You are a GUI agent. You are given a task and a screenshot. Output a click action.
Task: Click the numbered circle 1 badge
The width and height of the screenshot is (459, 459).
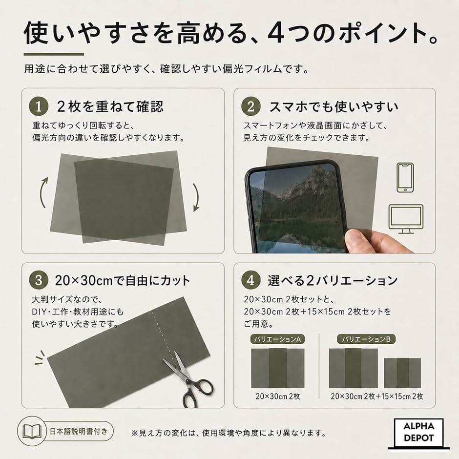(x=39, y=106)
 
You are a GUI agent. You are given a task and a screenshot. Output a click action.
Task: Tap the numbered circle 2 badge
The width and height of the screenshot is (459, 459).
(x=250, y=106)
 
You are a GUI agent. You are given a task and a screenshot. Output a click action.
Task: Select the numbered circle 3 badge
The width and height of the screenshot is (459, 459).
(x=39, y=280)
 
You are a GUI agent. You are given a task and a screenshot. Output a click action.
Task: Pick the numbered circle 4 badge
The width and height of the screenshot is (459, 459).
(x=250, y=280)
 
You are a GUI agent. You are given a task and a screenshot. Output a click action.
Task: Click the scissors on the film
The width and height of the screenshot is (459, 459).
(x=188, y=380)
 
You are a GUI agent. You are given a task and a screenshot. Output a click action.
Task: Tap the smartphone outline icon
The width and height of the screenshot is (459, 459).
(x=405, y=178)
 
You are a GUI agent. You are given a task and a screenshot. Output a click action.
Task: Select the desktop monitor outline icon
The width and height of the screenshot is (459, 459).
(x=406, y=219)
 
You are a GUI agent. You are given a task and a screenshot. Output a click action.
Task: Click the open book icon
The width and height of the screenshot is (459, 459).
(x=32, y=432)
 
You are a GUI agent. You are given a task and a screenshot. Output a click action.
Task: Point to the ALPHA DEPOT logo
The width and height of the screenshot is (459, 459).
(x=418, y=433)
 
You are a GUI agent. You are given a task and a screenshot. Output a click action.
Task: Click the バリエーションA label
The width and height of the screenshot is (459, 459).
(x=277, y=339)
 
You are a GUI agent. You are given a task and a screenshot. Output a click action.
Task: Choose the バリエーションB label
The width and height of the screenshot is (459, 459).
(x=366, y=339)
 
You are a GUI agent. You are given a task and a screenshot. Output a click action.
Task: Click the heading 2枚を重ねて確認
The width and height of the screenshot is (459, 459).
(x=110, y=106)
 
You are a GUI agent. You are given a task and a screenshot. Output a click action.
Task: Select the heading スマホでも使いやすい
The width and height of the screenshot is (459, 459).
(x=334, y=107)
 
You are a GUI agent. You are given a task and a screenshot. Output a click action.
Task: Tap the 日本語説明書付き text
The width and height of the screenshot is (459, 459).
(x=79, y=432)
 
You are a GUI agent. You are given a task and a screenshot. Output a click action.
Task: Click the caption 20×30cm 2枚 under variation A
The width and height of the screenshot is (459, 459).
(x=278, y=396)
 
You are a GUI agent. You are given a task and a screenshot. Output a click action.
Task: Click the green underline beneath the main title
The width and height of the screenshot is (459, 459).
(x=54, y=54)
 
